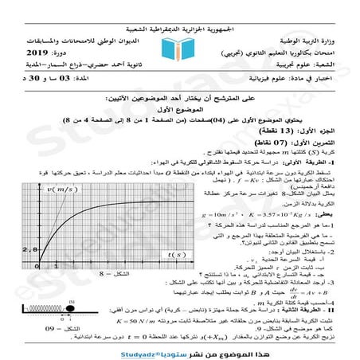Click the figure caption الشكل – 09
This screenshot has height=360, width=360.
coord(57,325)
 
